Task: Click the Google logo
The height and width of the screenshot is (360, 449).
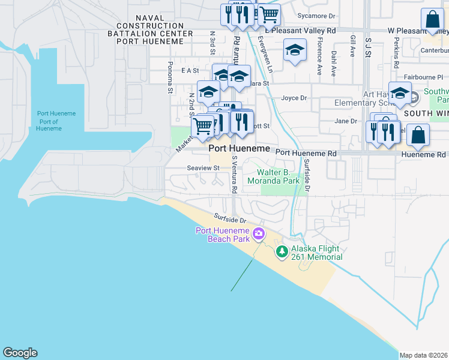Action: point(20,353)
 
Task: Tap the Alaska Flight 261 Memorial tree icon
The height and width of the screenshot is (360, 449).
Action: point(282,251)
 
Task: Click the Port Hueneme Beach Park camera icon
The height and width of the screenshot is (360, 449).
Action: point(259,233)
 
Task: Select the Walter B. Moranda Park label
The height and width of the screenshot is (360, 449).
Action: point(274,176)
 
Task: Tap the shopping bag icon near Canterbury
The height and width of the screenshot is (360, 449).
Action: point(432,20)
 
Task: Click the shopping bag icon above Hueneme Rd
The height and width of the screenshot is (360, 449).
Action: point(418,136)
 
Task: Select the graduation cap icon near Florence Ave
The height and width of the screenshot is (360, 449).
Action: point(295,51)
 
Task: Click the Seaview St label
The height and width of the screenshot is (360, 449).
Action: point(203,169)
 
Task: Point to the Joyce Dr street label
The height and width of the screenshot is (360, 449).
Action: point(294,98)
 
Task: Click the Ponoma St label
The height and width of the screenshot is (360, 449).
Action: point(170,77)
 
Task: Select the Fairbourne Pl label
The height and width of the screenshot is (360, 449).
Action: point(424,77)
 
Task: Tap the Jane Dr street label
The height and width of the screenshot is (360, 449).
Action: point(346,121)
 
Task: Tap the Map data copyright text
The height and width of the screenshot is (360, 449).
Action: point(423,355)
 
